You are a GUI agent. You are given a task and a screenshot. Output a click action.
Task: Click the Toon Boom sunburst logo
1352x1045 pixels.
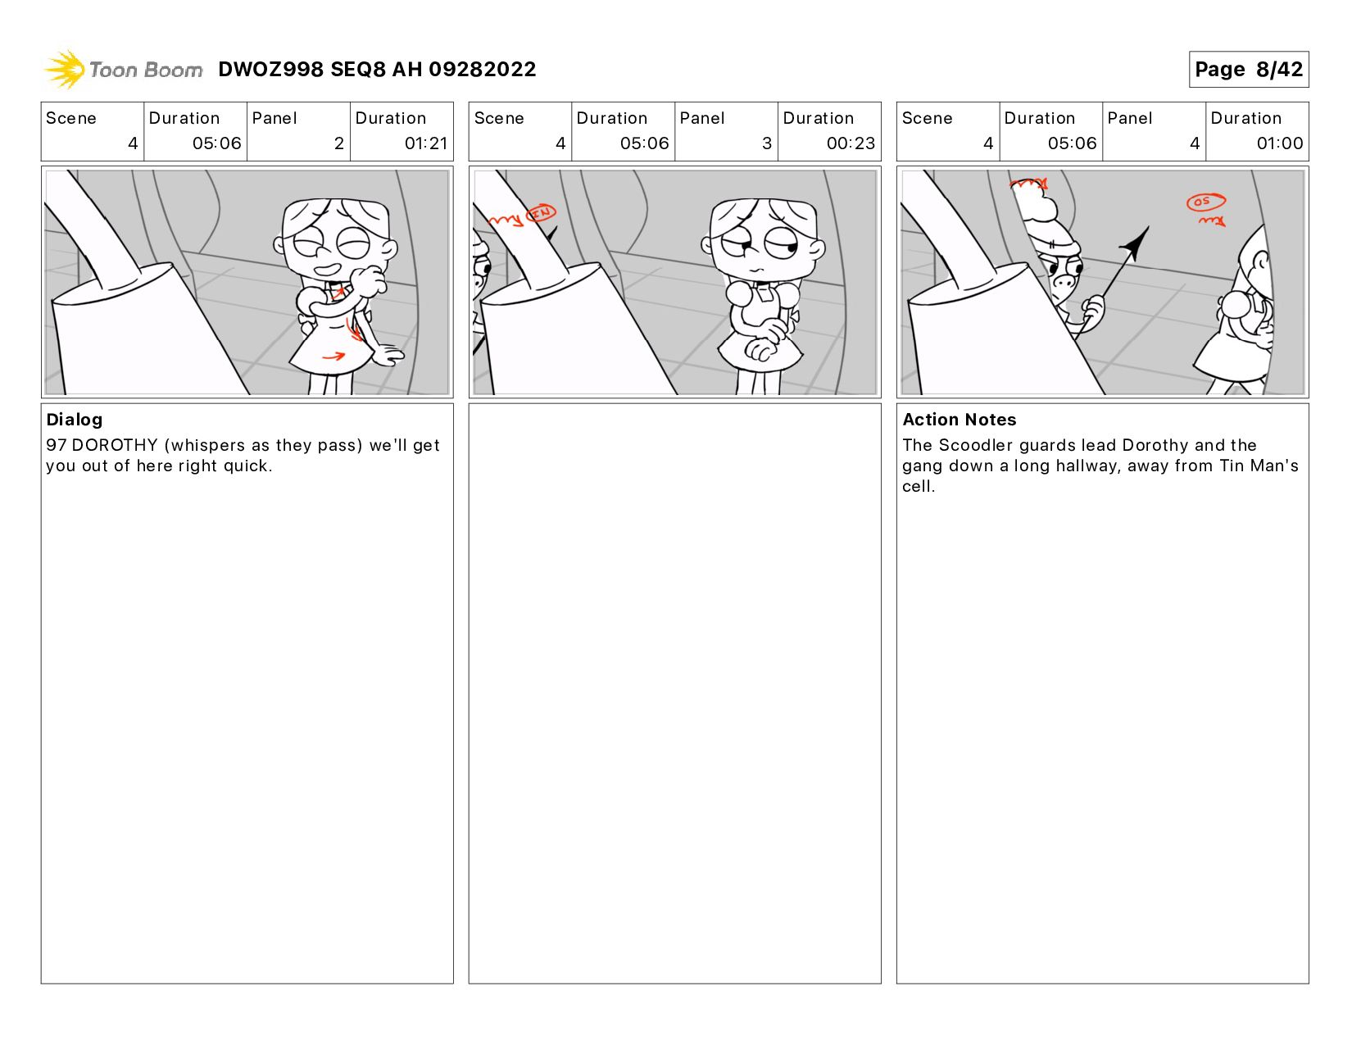click(x=65, y=69)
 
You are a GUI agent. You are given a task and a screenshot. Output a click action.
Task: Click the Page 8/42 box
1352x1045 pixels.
click(x=1248, y=69)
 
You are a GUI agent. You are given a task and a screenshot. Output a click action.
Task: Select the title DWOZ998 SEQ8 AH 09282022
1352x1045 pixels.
click(x=377, y=69)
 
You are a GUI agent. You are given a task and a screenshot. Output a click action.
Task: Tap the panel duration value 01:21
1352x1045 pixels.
click(x=425, y=143)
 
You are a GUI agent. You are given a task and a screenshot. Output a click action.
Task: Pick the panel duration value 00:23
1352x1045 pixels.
click(x=851, y=143)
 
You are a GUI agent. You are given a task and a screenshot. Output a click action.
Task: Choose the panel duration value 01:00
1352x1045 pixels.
click(x=1279, y=143)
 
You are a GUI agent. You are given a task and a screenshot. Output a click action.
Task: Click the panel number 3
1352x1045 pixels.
click(x=766, y=143)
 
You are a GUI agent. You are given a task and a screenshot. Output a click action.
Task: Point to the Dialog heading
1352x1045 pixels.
click(x=75, y=420)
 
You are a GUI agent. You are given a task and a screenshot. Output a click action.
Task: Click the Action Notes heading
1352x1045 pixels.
click(x=959, y=420)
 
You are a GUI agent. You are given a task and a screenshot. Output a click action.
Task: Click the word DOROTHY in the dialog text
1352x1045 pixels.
click(x=115, y=445)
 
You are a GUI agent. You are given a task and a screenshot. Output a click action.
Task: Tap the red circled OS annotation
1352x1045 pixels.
click(x=1205, y=202)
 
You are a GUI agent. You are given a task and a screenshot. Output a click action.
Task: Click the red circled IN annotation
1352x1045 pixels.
click(x=541, y=213)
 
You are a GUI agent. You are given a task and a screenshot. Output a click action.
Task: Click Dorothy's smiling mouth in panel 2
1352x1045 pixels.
click(x=326, y=270)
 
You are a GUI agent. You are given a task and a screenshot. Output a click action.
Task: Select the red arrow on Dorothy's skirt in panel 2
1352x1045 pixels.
click(x=333, y=357)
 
